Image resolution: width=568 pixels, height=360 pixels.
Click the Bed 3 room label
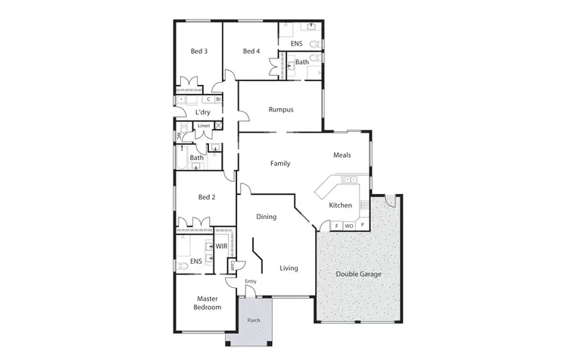199,52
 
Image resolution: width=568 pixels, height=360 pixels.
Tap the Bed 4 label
251,52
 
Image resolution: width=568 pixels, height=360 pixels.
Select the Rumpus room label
281,110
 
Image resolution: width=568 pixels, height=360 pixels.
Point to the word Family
281,163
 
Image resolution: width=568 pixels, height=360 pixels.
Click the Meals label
342,155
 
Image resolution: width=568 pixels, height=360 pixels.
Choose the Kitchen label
340,205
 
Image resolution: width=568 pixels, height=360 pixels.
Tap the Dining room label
266,217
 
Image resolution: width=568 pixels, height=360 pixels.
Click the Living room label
289,268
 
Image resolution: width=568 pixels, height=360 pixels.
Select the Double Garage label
360,274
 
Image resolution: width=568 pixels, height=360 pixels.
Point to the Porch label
254,321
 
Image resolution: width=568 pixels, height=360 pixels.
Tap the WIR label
222,246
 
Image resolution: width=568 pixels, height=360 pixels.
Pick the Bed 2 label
207,197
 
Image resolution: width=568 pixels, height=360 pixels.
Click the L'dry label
202,112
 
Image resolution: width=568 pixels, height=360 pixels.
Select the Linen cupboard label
204,125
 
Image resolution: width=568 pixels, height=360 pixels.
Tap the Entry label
251,282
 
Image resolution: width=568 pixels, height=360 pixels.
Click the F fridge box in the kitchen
336,225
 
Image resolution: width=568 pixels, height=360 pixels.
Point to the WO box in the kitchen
349,225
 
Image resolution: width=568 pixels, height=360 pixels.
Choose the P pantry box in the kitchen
362,225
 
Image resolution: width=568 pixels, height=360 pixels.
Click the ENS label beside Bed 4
297,44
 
